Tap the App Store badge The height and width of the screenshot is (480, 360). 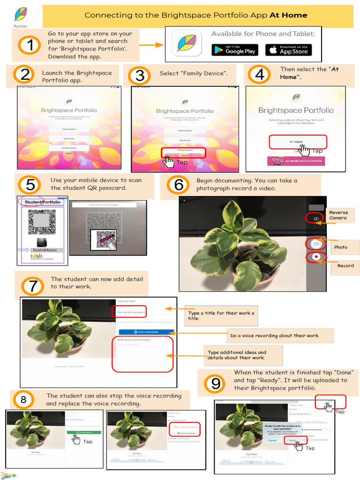click(288, 50)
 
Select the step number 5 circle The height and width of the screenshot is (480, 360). click(30, 185)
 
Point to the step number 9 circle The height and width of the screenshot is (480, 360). click(216, 384)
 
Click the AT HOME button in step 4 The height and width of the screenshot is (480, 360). click(297, 142)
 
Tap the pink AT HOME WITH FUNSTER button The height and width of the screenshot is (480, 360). click(296, 161)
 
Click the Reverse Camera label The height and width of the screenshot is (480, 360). click(338, 215)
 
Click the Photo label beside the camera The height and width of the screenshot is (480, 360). click(341, 247)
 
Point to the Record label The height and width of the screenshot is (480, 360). click(345, 266)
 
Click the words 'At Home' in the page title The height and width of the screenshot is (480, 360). click(288, 15)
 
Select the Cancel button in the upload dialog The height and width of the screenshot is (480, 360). click(272, 440)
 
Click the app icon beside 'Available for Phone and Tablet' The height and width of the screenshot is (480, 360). click(187, 44)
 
